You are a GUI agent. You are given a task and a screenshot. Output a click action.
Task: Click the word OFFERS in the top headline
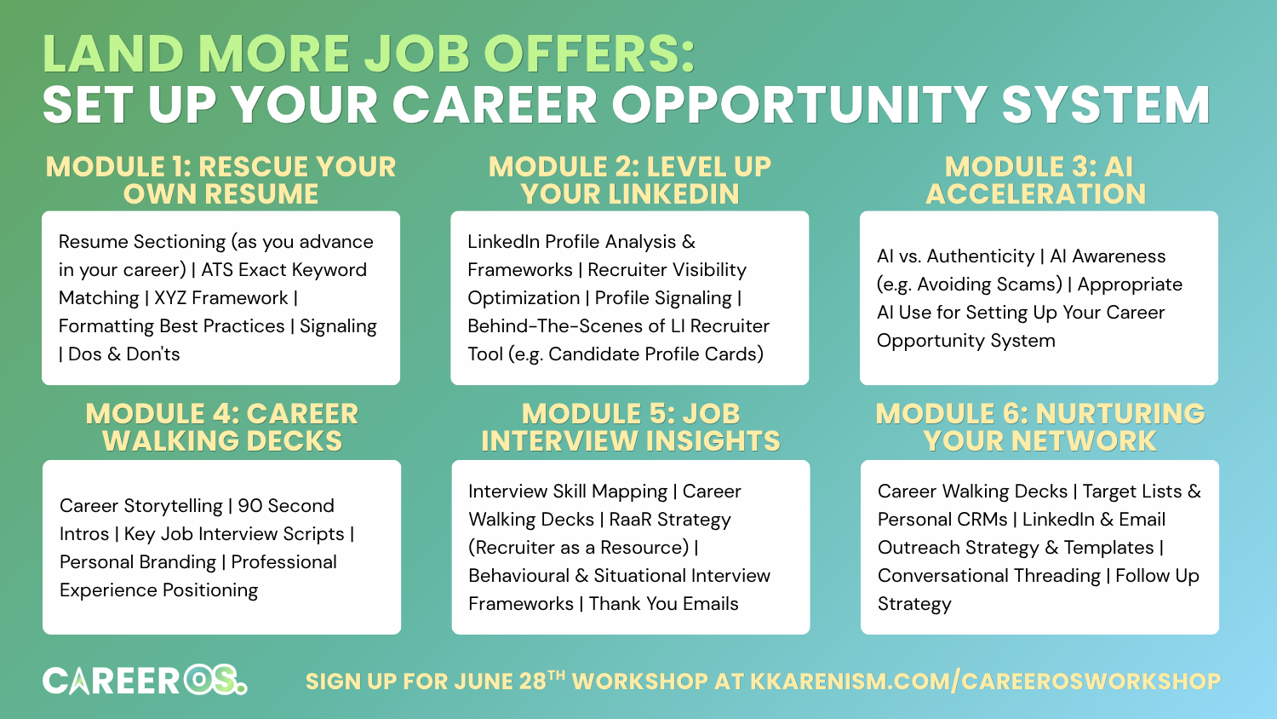click(x=589, y=54)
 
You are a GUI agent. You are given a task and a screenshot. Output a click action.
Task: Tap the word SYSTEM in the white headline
click(x=1105, y=105)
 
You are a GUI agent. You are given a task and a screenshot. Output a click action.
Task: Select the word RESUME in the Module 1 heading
click(x=261, y=194)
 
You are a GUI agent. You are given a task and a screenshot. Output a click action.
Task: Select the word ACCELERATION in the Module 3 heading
click(x=1035, y=194)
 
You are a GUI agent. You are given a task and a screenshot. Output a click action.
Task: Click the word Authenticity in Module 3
click(x=980, y=256)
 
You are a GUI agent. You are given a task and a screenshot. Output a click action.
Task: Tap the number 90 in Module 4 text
click(x=249, y=505)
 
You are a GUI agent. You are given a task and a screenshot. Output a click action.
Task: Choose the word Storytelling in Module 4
click(x=174, y=506)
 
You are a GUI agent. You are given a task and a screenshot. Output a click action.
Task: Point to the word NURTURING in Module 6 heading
click(x=1120, y=414)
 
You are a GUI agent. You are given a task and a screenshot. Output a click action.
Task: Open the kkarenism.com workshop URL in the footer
click(x=986, y=682)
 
